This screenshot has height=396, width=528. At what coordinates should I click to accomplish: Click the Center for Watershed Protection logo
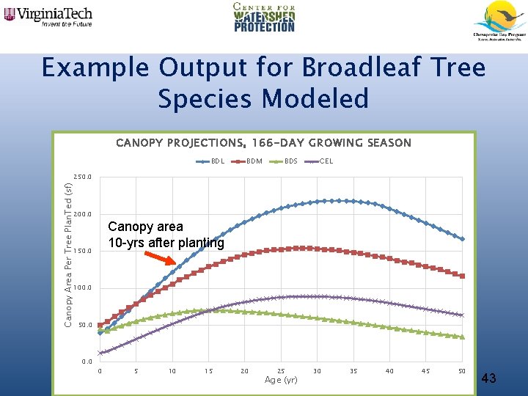pos(264,17)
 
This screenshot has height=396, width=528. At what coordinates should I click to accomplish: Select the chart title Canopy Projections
pos(263,143)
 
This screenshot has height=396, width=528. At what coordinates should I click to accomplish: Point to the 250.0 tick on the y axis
pos(82,177)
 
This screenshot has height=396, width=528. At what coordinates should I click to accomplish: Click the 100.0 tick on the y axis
pos(82,288)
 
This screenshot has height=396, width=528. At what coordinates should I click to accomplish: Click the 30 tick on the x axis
pos(317,371)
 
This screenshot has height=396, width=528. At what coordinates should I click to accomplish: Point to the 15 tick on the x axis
pos(208,371)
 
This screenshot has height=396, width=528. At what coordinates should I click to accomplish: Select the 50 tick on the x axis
pos(461,371)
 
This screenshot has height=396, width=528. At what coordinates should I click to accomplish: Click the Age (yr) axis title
pos(281,380)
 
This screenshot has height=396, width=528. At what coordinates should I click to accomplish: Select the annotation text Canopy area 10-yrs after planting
pos(165,235)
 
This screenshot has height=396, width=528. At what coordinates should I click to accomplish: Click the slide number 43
pos(490,378)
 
